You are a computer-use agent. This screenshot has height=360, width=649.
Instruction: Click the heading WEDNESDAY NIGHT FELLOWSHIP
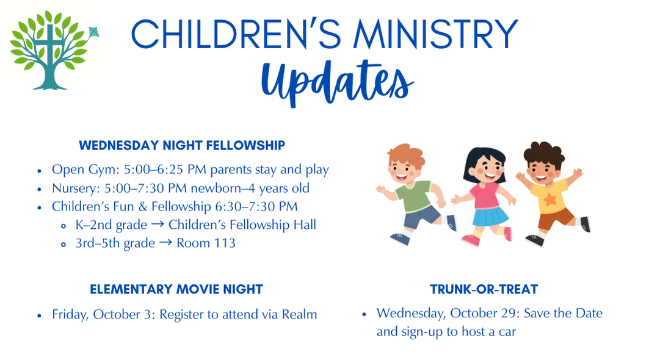pos(182,145)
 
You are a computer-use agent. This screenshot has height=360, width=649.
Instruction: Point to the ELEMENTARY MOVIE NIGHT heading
pos(176,289)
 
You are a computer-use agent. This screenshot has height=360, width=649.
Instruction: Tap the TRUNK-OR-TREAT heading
pos(484,289)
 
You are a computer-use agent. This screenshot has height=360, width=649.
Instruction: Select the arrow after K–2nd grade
pos(158,225)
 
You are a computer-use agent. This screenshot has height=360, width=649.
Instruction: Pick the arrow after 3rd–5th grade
pos(165,242)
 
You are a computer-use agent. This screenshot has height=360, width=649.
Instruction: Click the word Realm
pos(299,314)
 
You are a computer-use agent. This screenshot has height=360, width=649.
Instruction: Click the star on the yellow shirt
pos(550,200)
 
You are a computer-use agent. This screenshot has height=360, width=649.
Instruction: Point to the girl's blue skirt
pos(490,217)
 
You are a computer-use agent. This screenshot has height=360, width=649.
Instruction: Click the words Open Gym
pos(85,170)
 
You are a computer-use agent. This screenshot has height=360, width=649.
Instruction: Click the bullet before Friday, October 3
pos(39,315)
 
